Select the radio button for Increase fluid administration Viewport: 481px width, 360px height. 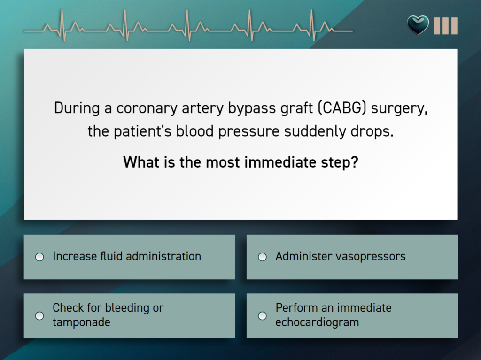click(x=39, y=257)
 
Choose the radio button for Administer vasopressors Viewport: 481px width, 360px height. click(x=262, y=257)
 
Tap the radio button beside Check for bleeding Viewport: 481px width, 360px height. click(x=39, y=316)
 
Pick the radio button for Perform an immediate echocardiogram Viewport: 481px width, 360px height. click(x=262, y=316)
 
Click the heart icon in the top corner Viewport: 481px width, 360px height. click(x=418, y=25)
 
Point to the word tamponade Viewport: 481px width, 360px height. click(x=81, y=322)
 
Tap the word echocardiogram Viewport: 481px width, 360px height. click(x=317, y=322)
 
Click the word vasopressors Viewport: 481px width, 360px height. click(x=372, y=257)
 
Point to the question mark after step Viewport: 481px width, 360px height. click(x=355, y=162)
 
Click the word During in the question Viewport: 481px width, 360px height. click(x=77, y=108)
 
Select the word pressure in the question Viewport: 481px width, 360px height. click(x=248, y=132)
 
